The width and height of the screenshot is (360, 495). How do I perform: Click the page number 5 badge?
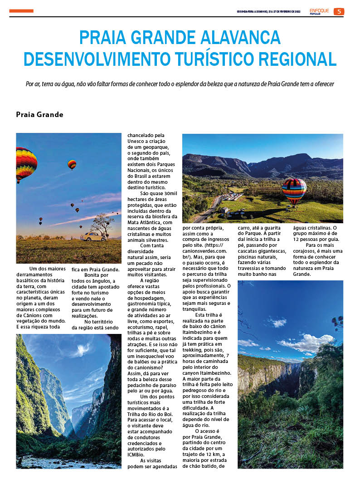coord(339,12)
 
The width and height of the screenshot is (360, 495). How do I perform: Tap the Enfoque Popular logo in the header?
coord(320,11)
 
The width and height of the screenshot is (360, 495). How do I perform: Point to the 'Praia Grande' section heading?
coord(39,114)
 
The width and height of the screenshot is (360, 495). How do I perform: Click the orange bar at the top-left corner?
coord(21,11)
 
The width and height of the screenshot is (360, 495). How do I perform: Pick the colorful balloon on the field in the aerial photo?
coord(294,191)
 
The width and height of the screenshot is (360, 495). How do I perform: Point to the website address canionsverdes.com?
coord(204,250)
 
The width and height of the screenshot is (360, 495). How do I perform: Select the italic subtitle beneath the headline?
coord(180,84)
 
